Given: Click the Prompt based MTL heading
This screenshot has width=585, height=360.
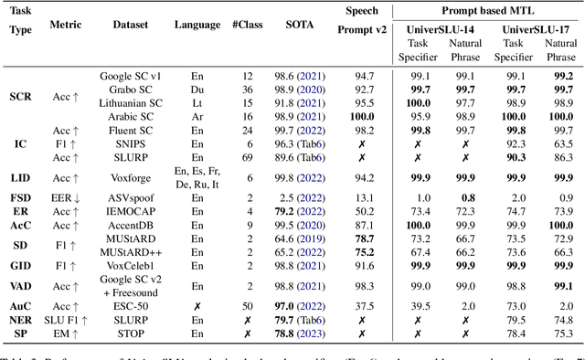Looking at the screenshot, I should pyautogui.click(x=487, y=11).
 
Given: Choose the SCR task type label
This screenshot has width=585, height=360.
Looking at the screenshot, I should pyautogui.click(x=22, y=97).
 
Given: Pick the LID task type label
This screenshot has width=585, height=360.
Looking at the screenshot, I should pyautogui.click(x=22, y=177).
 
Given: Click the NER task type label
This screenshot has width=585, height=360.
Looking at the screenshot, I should pyautogui.click(x=22, y=321).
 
